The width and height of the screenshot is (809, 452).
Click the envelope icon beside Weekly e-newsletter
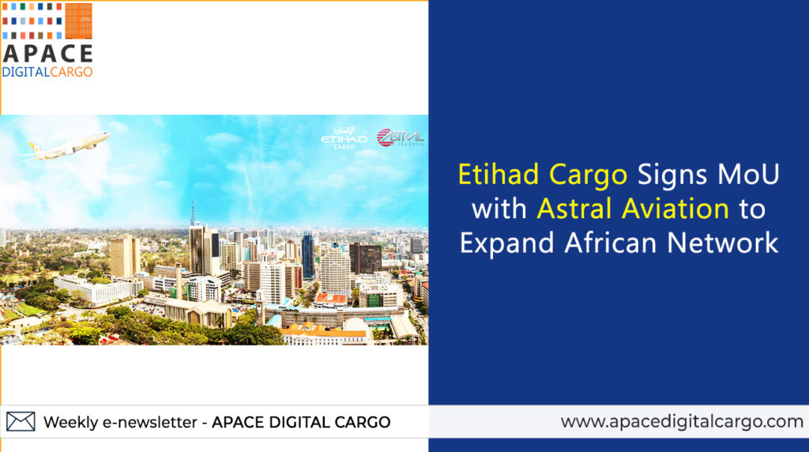(x=21, y=421)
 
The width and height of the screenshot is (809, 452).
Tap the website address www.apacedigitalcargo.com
(x=682, y=421)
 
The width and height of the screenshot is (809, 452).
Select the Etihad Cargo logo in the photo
(x=344, y=138)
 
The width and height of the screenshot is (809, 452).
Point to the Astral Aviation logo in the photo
(x=401, y=137)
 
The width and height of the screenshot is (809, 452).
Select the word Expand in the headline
(x=506, y=243)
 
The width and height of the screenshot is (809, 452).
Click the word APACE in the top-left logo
(x=47, y=54)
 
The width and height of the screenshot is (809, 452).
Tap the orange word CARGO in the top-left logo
(x=72, y=72)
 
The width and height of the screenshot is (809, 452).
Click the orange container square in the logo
(x=78, y=21)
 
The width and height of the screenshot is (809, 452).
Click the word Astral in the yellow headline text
(x=574, y=209)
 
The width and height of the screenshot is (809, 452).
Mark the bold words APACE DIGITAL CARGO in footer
(x=301, y=422)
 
